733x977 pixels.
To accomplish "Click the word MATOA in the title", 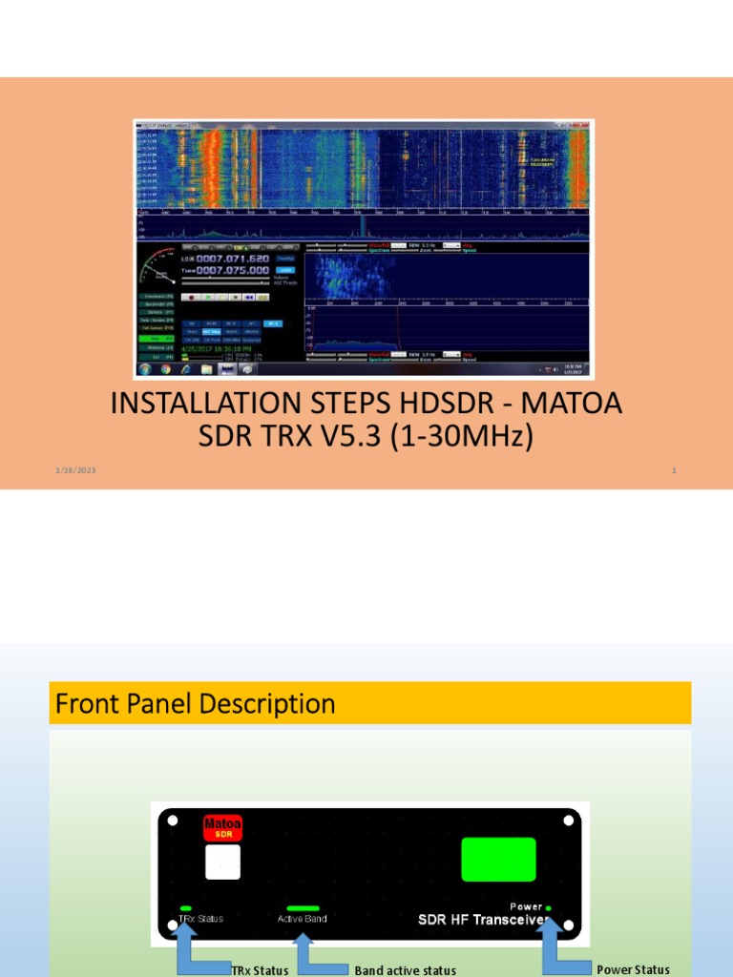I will (x=574, y=404).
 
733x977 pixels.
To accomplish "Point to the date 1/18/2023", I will (x=74, y=470).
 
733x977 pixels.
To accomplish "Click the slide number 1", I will (x=674, y=470).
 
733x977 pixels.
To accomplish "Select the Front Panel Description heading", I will (x=196, y=704).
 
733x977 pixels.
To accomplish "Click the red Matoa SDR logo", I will (x=221, y=828).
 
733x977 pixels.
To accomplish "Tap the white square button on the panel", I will (x=222, y=862).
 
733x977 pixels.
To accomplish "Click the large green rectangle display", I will (x=498, y=859).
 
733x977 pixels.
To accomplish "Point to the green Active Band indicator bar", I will (x=303, y=908).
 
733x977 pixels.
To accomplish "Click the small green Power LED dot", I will (x=548, y=907).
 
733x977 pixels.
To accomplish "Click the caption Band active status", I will (x=405, y=970).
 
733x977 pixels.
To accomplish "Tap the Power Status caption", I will (x=633, y=969).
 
